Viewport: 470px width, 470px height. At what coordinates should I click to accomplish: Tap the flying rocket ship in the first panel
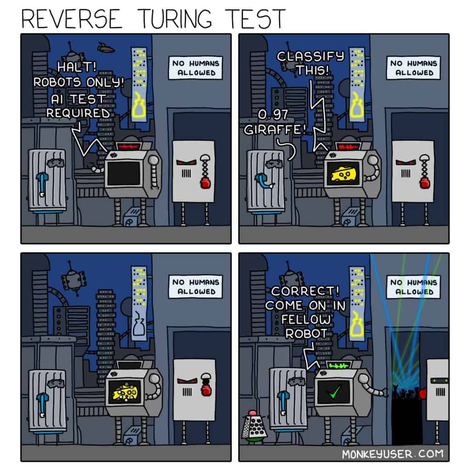coord(106,48)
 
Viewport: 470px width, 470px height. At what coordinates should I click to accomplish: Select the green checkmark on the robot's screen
coord(334,392)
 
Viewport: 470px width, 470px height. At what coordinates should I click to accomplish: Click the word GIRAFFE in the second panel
coord(274,130)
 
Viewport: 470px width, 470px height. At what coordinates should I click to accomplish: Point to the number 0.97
coord(273,114)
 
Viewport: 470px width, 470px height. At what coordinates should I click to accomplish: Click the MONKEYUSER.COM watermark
coord(393,454)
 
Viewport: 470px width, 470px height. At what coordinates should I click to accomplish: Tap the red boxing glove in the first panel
coord(205,182)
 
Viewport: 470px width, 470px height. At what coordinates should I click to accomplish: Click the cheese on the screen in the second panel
coord(343,174)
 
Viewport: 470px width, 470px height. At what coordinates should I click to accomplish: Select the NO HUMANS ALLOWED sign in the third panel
coord(196,287)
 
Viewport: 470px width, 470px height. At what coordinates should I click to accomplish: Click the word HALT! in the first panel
coord(77,67)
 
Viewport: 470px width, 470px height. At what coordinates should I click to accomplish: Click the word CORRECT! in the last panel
coord(305,291)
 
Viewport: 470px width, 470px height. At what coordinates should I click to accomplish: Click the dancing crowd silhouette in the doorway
coord(407,393)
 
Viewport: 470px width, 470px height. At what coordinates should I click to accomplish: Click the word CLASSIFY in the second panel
coord(311,56)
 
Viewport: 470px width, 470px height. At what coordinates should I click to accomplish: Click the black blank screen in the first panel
coord(124,173)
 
